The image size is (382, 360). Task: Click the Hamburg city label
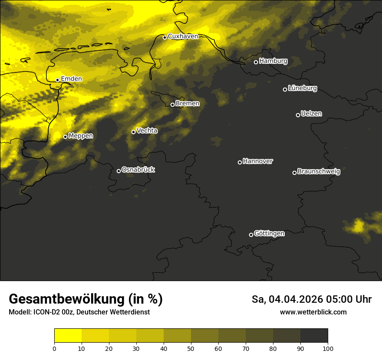click(273, 61)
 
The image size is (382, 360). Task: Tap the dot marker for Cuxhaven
click(165, 37)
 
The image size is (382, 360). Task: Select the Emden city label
click(71, 79)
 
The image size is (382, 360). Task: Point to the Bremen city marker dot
click(172, 105)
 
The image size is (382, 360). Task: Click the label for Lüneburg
click(302, 88)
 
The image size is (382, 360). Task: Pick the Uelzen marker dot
click(298, 115)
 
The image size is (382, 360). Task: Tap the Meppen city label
click(81, 136)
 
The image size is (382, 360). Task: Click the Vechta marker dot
click(133, 132)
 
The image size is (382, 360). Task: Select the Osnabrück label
click(138, 170)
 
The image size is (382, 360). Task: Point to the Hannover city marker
click(240, 162)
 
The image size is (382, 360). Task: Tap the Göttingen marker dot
click(251, 235)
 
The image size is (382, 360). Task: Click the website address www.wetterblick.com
click(313, 312)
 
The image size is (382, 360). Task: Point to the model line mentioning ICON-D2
click(79, 312)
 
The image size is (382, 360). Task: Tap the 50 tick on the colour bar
click(191, 348)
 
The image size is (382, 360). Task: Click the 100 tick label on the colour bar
click(328, 348)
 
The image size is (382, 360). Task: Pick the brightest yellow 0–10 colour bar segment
click(68, 336)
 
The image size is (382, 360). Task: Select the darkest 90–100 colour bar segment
click(314, 336)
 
